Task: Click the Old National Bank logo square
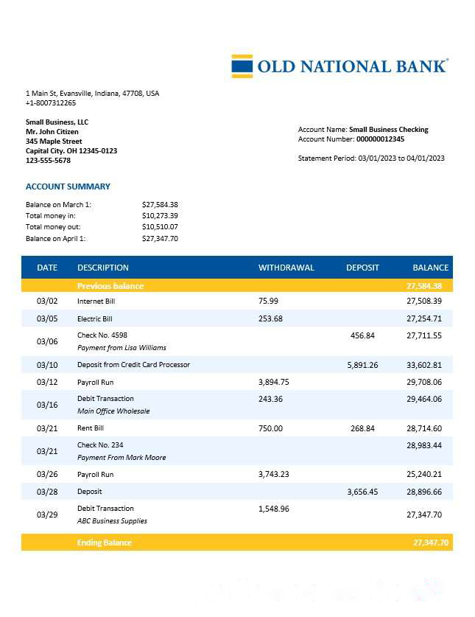coord(242,66)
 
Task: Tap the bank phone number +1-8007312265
coord(51,103)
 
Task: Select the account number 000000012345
coord(380,139)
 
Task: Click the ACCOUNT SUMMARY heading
coord(68,187)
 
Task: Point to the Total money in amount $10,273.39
coord(160,215)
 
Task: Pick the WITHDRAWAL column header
coord(286,268)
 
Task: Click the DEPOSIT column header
coord(362,268)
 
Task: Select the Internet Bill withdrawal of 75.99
coord(269,301)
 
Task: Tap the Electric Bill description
coord(95,319)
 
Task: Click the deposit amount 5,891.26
coord(362,365)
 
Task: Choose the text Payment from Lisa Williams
coord(122,347)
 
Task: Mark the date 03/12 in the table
coord(47,382)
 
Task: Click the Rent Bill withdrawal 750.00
coord(270,428)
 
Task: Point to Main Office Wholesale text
coord(113,411)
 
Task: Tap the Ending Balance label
coord(105,543)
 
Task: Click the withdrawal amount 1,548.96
coord(274,509)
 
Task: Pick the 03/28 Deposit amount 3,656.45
coord(362,492)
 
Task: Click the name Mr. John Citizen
coord(54,131)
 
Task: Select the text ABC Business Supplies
coord(112,521)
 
